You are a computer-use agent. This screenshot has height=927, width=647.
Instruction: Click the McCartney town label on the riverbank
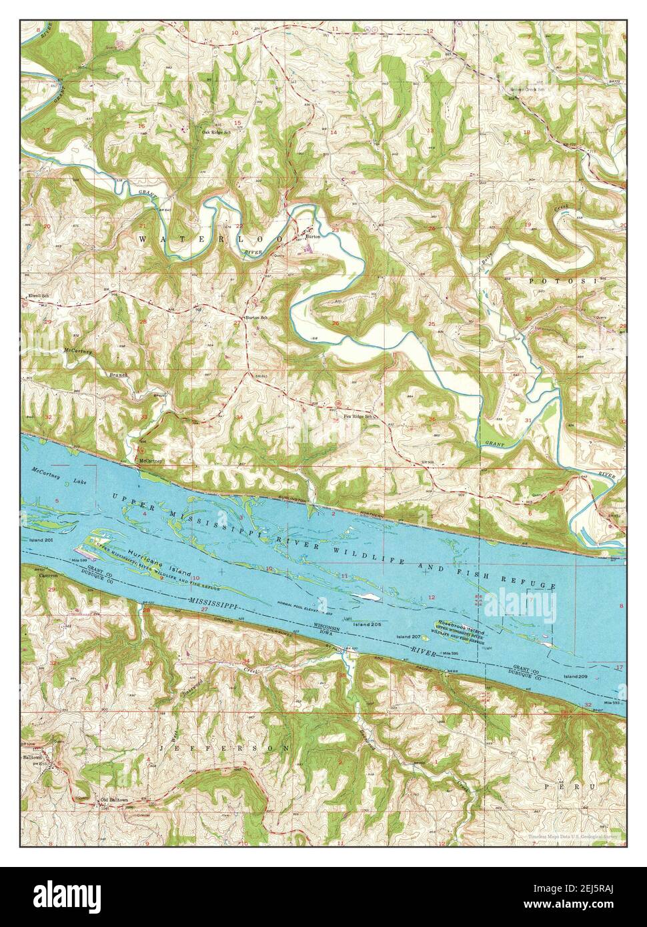tap(151, 461)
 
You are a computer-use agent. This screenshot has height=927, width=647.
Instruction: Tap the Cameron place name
tap(49, 575)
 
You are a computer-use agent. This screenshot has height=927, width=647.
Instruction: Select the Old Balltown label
tap(113, 800)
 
